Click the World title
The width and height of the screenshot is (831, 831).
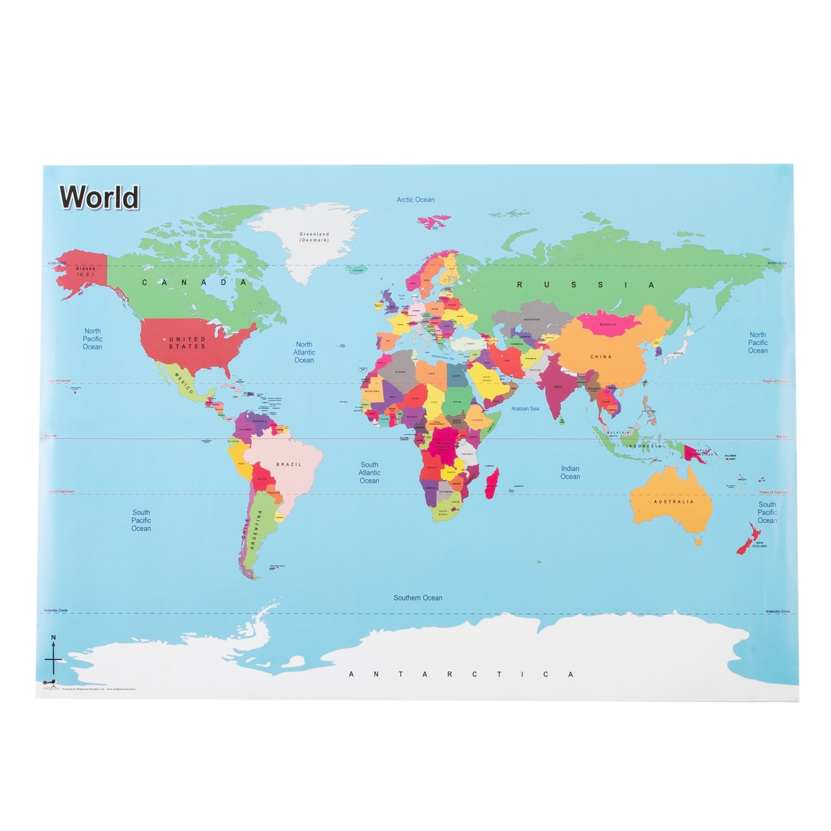tap(99, 197)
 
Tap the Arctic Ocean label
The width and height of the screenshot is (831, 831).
tap(415, 199)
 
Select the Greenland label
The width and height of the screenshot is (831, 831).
tap(314, 237)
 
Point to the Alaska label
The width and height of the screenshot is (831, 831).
tap(86, 271)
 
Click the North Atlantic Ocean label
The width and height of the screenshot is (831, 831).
tap(304, 352)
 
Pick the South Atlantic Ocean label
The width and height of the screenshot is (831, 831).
tap(369, 473)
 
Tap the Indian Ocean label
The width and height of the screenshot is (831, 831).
tap(570, 472)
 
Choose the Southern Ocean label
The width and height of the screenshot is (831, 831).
tap(418, 598)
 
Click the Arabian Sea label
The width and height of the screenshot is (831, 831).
tap(525, 409)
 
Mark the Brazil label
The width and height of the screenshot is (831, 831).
tap(289, 464)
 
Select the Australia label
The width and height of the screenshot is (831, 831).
tap(673, 501)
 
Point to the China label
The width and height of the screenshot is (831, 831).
tap(600, 357)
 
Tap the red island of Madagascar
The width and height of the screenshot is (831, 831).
tap(492, 483)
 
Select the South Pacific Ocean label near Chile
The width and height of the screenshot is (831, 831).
tap(141, 521)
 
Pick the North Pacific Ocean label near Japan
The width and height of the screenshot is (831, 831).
tap(758, 343)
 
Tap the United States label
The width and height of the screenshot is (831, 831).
tap(187, 343)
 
